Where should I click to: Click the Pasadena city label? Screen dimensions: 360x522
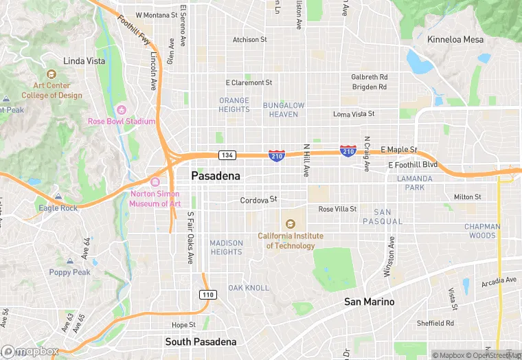coord(216,177)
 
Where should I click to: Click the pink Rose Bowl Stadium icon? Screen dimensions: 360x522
coord(122,110)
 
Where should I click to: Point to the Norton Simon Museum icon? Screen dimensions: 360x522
coord(155,182)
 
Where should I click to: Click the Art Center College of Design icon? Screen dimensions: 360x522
coord(51,74)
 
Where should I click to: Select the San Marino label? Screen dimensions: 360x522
coord(370,302)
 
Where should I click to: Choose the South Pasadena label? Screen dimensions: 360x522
coord(201,341)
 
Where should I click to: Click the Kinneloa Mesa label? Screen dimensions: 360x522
coord(455,39)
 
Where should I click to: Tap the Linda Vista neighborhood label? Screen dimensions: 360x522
coord(84,61)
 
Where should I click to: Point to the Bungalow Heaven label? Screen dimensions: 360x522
coord(283,110)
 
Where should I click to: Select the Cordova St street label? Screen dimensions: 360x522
coord(258,200)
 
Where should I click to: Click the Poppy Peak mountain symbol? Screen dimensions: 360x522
coord(69,262)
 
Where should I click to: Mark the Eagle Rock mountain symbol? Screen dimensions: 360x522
coord(58,197)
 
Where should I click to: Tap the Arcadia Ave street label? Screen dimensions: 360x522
coord(498,280)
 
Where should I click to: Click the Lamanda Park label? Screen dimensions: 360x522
coord(415,183)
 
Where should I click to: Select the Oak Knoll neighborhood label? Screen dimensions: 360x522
coord(249,287)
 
